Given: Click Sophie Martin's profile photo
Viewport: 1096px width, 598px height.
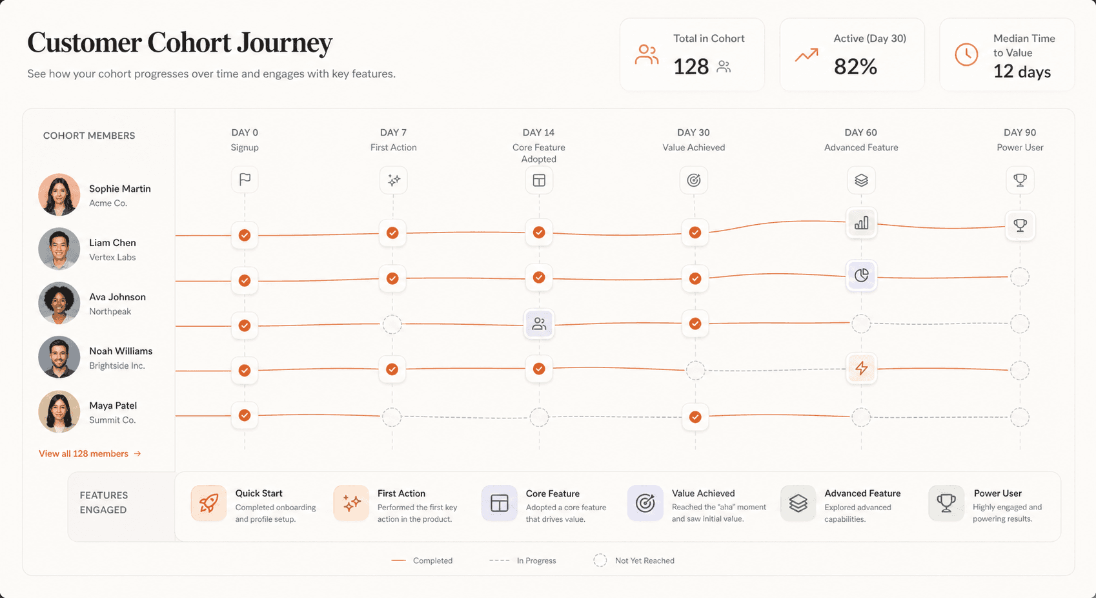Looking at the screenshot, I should [x=59, y=194].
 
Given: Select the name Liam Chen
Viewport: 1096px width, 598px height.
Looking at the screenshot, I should [x=112, y=243].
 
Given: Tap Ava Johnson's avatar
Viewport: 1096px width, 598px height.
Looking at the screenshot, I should [x=59, y=303].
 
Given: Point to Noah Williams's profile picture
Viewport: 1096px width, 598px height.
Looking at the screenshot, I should [x=59, y=357].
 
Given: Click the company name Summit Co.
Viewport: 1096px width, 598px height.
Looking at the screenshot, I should [x=112, y=420].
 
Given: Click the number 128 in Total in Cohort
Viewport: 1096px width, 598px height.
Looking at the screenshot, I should [x=691, y=67].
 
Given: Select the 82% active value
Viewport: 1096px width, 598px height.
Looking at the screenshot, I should [x=855, y=67].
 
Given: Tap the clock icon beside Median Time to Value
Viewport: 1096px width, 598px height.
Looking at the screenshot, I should [x=966, y=55].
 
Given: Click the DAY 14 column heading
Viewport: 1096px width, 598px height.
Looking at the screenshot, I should [x=538, y=132].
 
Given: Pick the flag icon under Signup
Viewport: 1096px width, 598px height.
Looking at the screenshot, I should [x=245, y=180].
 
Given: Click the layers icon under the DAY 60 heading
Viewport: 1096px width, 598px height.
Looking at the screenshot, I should [x=861, y=180].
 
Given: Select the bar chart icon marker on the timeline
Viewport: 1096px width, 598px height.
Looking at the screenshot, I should [x=861, y=223].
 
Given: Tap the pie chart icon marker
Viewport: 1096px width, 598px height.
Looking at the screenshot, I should [x=861, y=276].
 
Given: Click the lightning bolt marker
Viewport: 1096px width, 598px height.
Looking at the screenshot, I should [x=861, y=368].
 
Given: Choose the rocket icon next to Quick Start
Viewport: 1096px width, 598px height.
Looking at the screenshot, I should [x=208, y=503].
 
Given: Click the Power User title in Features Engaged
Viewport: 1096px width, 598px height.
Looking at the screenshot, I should [x=997, y=493].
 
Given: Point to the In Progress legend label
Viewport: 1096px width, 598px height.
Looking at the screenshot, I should [x=536, y=561].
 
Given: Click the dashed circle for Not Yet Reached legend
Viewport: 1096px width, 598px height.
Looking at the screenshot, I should [x=600, y=561].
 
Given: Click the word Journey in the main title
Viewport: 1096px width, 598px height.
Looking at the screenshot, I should [x=284, y=43].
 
